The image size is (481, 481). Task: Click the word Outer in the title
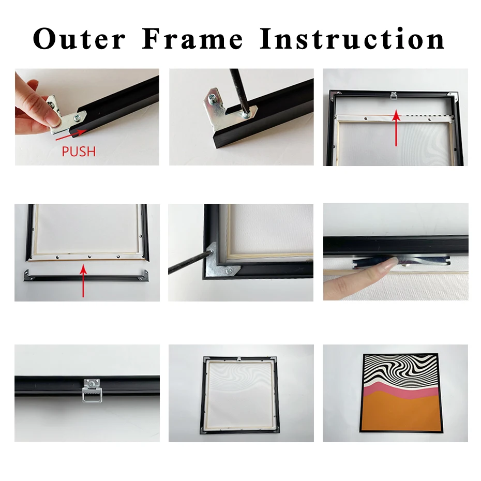[x=79, y=39]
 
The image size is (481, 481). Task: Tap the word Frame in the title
[x=192, y=39]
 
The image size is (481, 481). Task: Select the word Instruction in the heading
[x=352, y=39]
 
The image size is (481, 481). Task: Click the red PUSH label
[x=79, y=152]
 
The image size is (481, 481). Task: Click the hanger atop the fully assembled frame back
[x=240, y=359]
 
